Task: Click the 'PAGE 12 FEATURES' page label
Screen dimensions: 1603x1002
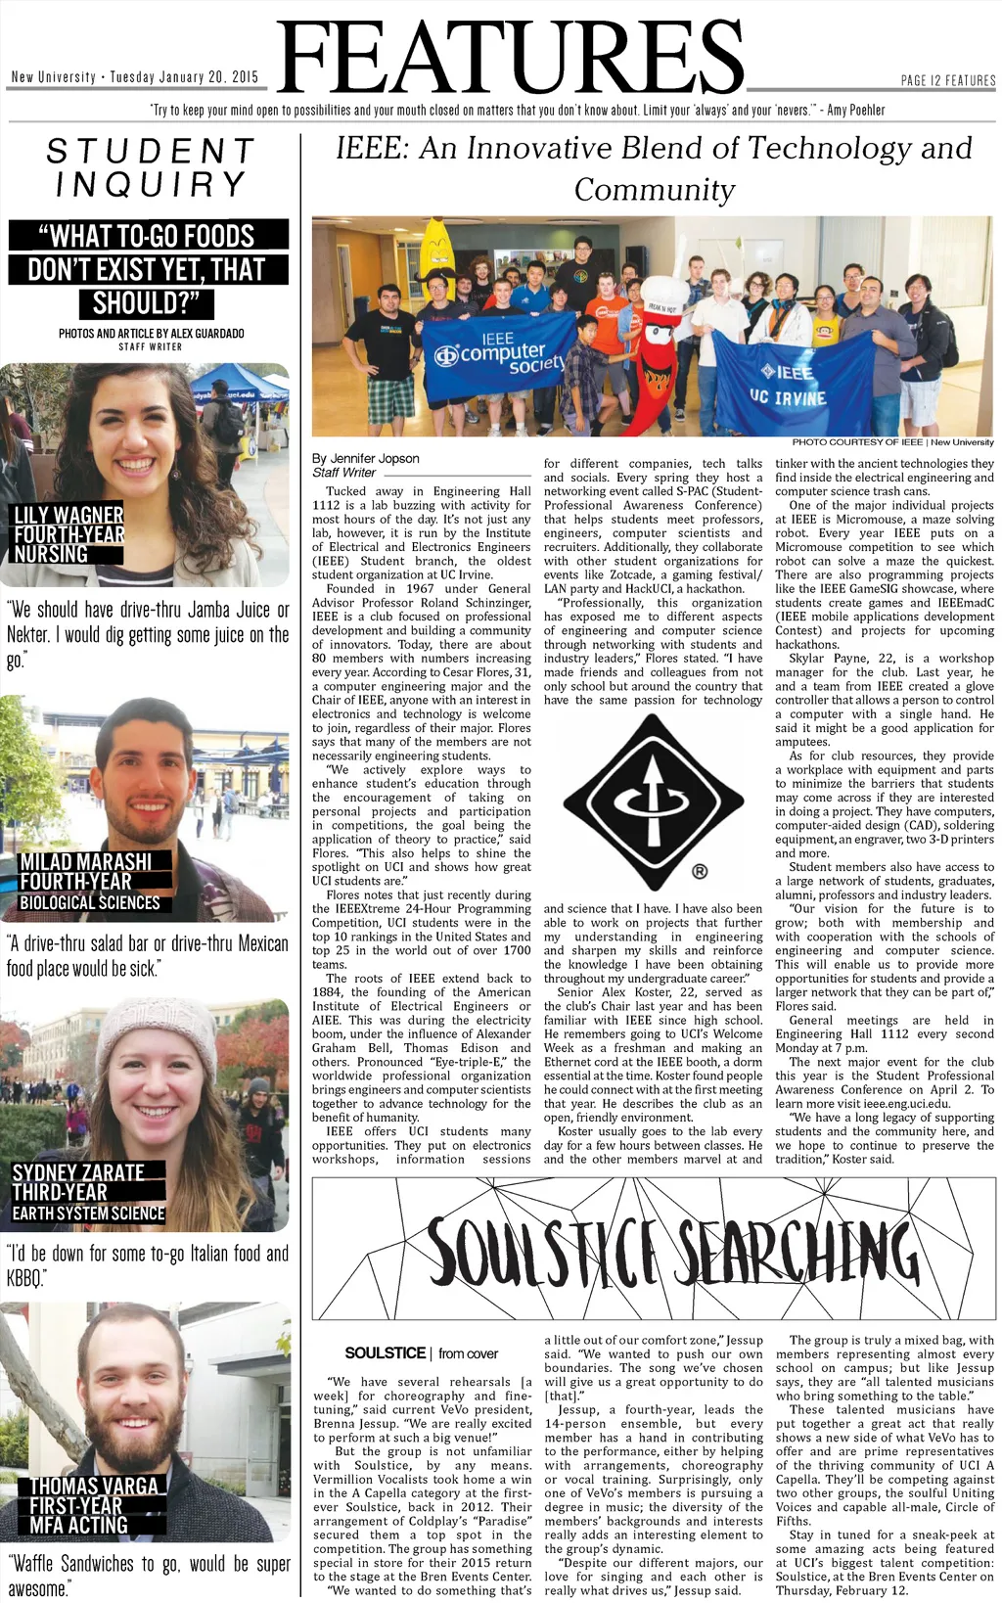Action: (x=947, y=80)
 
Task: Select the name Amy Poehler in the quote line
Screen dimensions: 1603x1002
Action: (x=855, y=111)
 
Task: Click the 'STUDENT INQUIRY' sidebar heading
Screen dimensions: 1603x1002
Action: (x=150, y=167)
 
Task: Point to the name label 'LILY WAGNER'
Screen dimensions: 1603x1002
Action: (x=68, y=515)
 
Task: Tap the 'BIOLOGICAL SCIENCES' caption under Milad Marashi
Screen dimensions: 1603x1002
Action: (x=89, y=902)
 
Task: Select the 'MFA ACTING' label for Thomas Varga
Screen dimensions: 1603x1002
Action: (x=78, y=1525)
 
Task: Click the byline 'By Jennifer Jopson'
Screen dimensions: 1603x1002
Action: (x=365, y=458)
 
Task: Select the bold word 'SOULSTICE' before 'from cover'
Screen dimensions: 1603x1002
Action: (x=385, y=1353)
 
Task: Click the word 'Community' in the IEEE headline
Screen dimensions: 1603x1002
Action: (x=654, y=190)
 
